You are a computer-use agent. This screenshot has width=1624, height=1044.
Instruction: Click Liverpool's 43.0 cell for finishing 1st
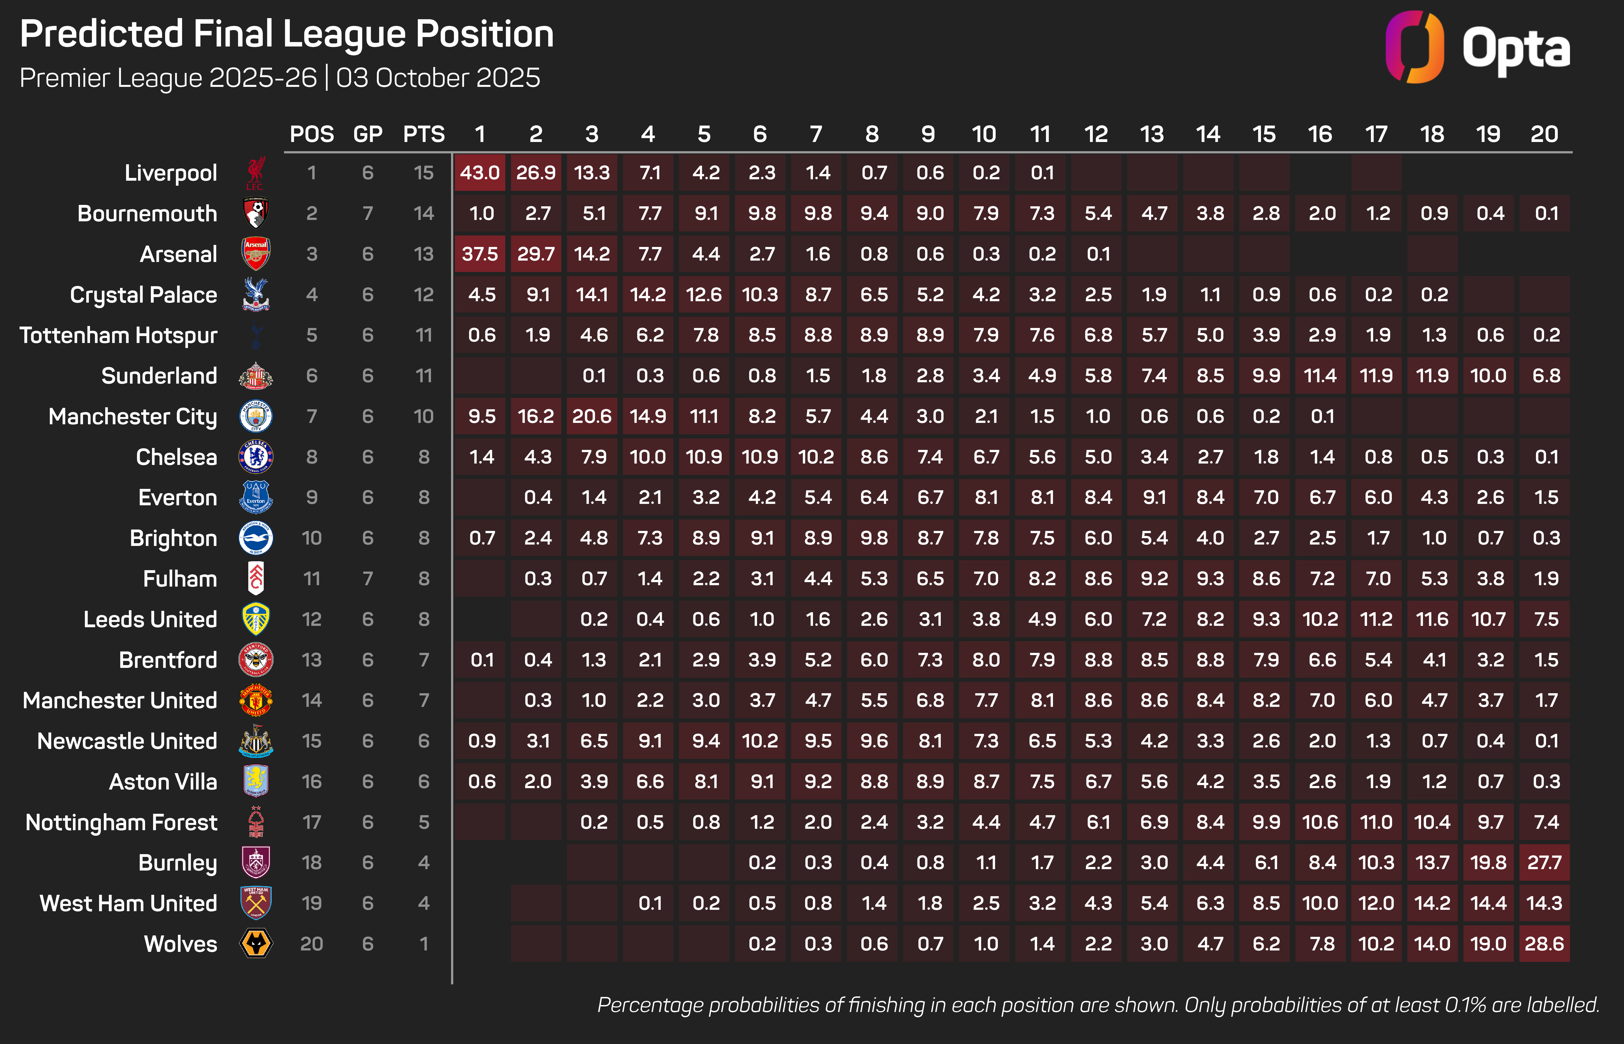click(480, 173)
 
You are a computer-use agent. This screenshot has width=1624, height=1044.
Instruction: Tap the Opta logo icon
click(1414, 47)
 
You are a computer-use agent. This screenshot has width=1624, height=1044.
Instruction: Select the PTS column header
click(424, 134)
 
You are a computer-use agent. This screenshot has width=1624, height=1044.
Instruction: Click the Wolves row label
click(180, 944)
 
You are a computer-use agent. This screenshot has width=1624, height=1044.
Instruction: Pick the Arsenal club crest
click(256, 254)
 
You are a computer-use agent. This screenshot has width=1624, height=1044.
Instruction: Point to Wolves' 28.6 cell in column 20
click(1544, 944)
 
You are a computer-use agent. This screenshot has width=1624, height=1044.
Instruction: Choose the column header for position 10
click(984, 134)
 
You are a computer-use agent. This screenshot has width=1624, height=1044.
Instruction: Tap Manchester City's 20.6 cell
click(592, 416)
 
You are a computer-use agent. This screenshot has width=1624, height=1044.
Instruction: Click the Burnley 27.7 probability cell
click(1544, 862)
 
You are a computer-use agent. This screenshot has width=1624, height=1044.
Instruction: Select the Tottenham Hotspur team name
click(119, 335)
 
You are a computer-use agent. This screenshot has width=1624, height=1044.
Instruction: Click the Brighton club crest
click(256, 538)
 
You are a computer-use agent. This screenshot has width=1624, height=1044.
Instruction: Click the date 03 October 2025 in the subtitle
click(438, 78)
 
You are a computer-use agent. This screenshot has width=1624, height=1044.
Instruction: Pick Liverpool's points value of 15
click(424, 173)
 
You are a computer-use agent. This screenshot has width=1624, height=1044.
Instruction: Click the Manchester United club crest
click(256, 700)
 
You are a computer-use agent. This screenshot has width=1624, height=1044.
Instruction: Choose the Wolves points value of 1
click(424, 944)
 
